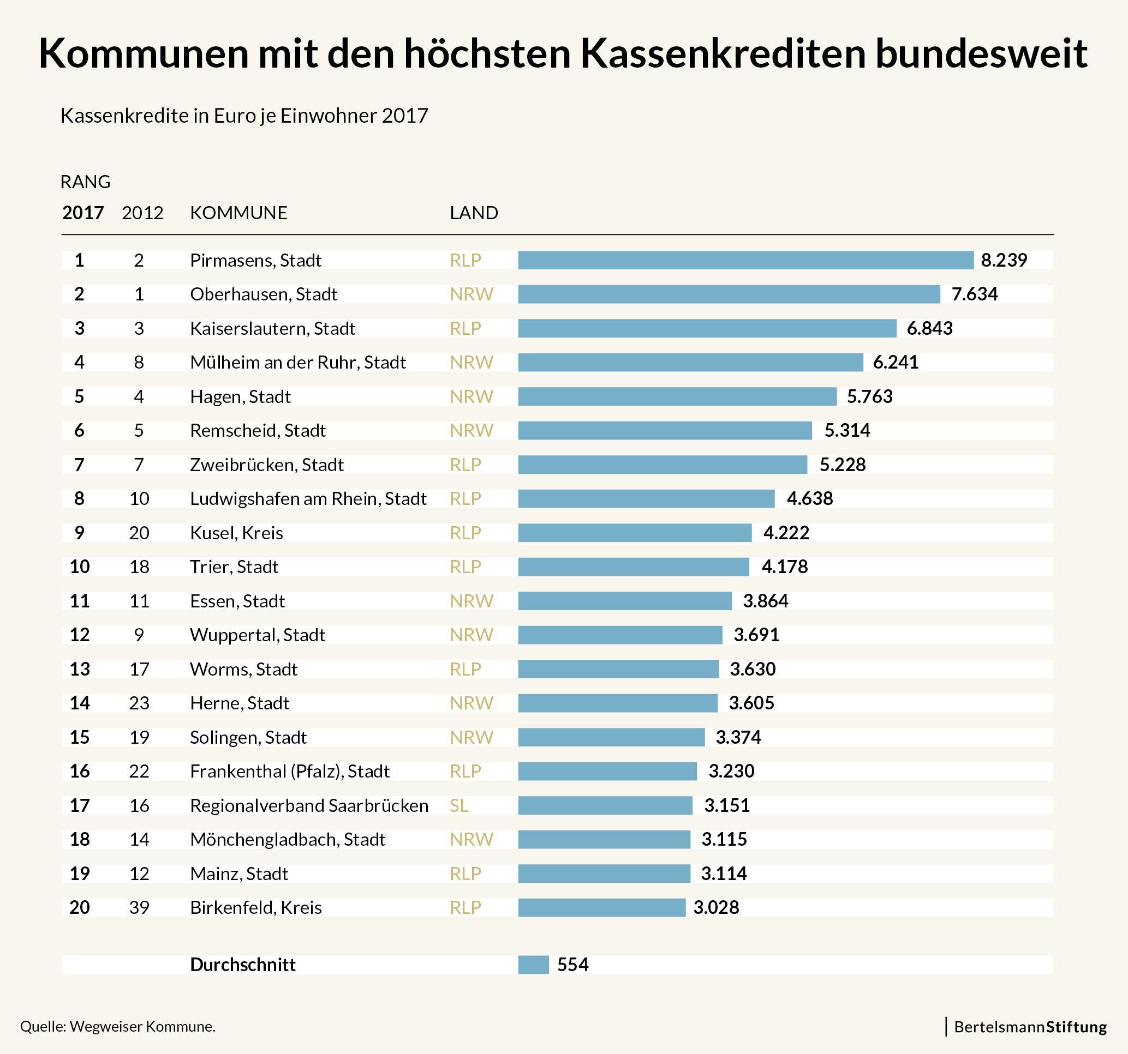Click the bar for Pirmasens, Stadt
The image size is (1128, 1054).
pos(745,260)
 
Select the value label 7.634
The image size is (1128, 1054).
pos(974,294)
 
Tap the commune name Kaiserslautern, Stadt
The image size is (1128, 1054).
pos(272,328)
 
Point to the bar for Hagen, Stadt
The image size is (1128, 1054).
pos(677,396)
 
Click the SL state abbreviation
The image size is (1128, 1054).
pos(459,805)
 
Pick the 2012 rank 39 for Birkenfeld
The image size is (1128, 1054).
pos(139,907)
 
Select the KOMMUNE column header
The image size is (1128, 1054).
pos(238,213)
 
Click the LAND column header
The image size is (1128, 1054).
pos(474,213)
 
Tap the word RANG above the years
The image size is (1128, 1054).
pos(85,182)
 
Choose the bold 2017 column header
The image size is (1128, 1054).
pos(83,213)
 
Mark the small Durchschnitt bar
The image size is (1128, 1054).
pos(533,965)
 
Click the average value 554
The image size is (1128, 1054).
pos(572,965)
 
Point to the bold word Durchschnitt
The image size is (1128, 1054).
pos(243,965)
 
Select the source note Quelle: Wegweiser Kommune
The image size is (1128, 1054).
pos(118,1026)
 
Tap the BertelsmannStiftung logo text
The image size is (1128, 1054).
pos(1030,1027)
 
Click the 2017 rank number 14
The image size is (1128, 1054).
pos(80,703)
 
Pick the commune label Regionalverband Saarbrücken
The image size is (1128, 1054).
pos(309,805)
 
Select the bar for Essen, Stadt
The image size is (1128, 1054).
pos(625,601)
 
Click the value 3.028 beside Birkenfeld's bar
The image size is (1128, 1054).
pos(716,907)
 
